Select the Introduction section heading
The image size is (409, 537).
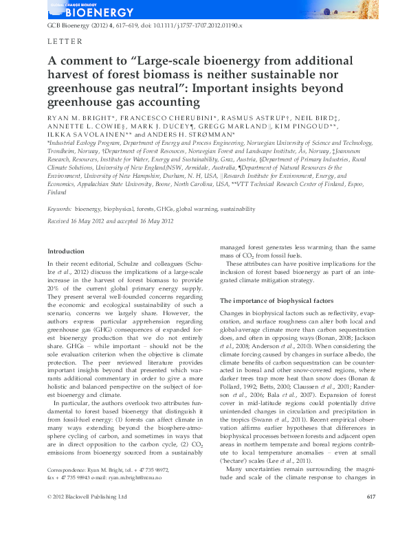pyautogui.click(x=66, y=251)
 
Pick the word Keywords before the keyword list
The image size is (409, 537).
pyautogui.click(x=59, y=207)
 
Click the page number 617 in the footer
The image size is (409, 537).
pyautogui.click(x=351, y=516)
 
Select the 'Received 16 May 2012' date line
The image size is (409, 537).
pyautogui.click(x=76, y=220)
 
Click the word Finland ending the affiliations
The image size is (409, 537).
pyautogui.click(x=57, y=193)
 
